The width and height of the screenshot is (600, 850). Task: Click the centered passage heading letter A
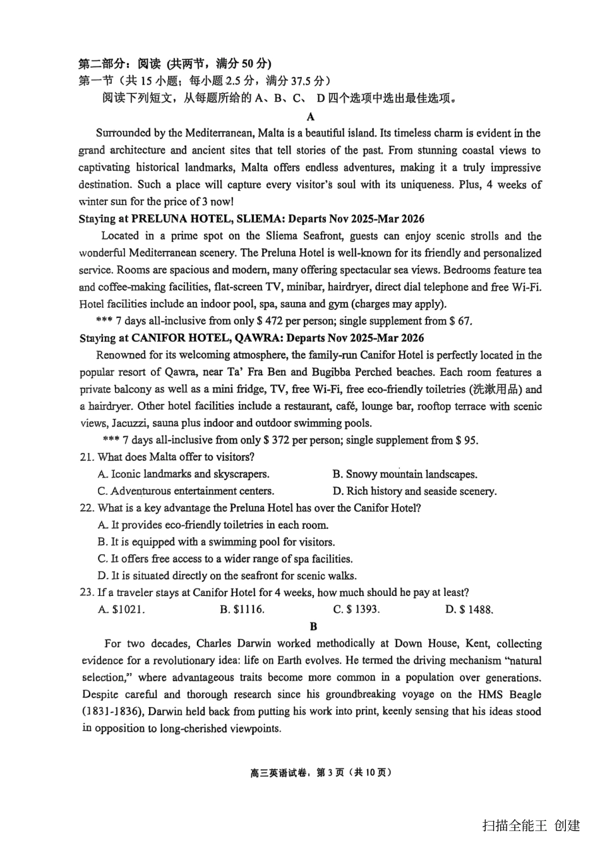click(310, 116)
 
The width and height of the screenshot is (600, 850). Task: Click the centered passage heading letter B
click(313, 626)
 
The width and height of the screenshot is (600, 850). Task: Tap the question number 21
click(87, 457)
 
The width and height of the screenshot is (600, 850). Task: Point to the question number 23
click(87, 592)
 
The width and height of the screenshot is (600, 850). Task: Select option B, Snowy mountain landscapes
click(405, 474)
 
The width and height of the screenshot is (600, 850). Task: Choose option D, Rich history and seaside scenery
click(414, 491)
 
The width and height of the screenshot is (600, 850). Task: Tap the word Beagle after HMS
click(522, 694)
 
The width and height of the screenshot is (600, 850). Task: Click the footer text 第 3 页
click(330, 772)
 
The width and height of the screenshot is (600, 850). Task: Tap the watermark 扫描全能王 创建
click(531, 825)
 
